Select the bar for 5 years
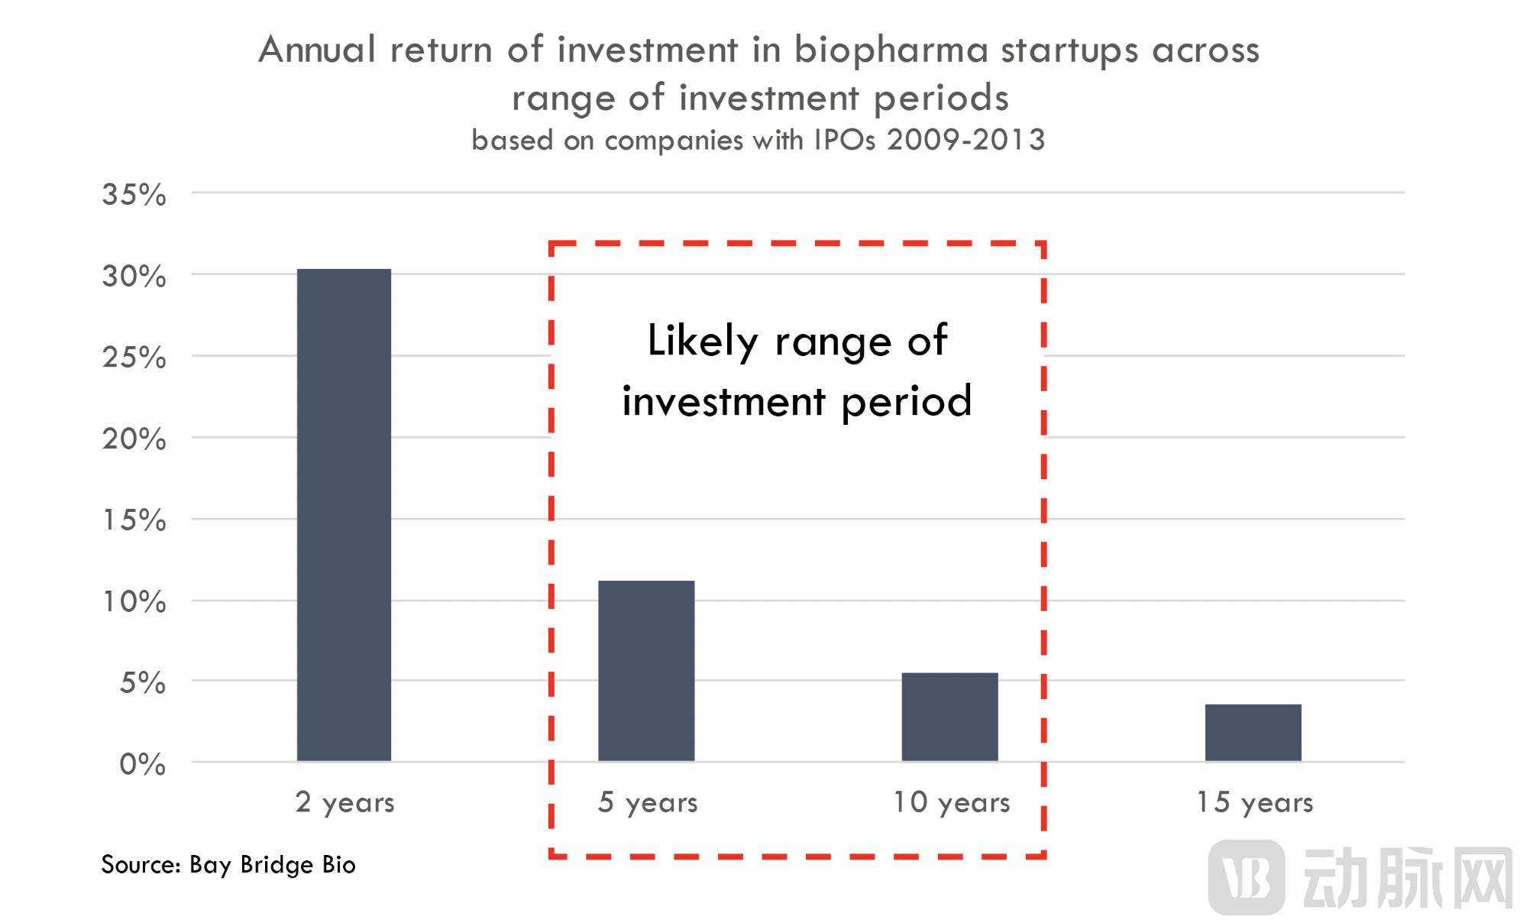(x=646, y=670)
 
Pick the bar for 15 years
(x=1253, y=732)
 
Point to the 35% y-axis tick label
(x=134, y=195)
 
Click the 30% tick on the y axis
(x=134, y=277)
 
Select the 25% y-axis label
(x=134, y=358)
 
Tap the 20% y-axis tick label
(x=134, y=439)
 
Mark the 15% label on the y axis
(x=134, y=520)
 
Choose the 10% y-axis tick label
(x=134, y=602)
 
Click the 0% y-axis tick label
(x=143, y=764)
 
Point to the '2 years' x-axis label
(x=345, y=802)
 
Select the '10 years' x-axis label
(x=952, y=802)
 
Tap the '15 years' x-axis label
(x=1255, y=802)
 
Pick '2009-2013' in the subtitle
(x=965, y=140)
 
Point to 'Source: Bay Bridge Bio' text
(x=228, y=865)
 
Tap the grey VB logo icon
(x=1247, y=877)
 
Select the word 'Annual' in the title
(x=317, y=50)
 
